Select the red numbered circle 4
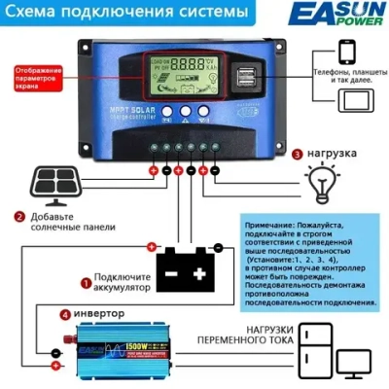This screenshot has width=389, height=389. click(65, 314)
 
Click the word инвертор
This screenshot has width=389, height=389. click(104, 314)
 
